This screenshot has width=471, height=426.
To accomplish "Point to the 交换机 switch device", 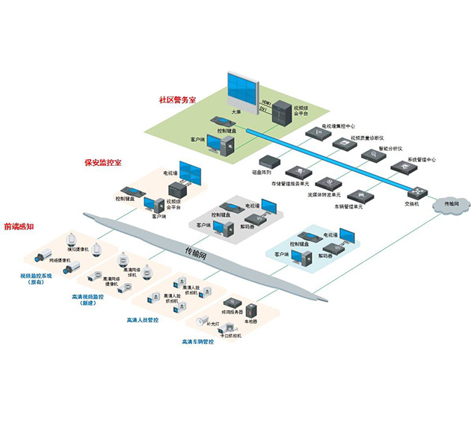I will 410,191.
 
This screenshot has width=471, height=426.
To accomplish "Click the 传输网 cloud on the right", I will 452,204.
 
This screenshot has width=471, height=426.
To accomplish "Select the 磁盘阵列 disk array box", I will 268,161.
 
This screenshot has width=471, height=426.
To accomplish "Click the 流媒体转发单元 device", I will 326,182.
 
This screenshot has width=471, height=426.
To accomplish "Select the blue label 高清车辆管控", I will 197,342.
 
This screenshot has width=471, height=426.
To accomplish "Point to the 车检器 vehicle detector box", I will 250,309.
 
